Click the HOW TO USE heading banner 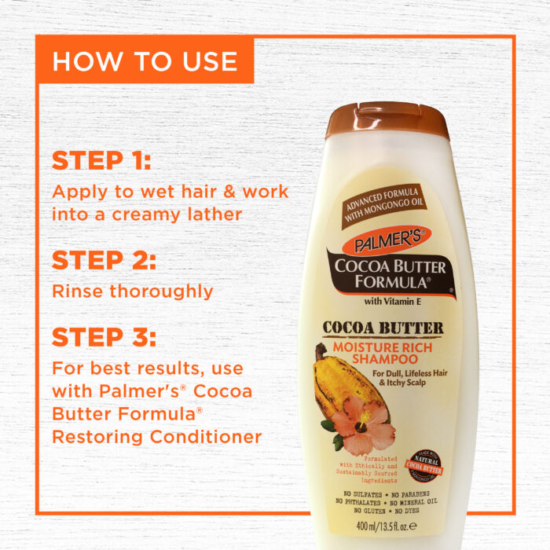[x=145, y=59]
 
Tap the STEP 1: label [x=101, y=160]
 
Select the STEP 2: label [x=104, y=260]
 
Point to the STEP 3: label [x=104, y=337]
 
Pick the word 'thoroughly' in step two [x=161, y=291]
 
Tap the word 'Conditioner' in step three [x=206, y=437]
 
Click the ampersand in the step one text [x=229, y=192]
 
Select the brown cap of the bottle [x=387, y=121]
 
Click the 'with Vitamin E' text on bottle [x=393, y=301]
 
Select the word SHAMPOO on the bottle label [x=385, y=359]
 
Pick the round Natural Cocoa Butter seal [x=423, y=465]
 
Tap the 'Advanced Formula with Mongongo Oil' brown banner [x=385, y=206]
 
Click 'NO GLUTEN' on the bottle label [x=369, y=511]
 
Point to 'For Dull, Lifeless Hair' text [x=409, y=373]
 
